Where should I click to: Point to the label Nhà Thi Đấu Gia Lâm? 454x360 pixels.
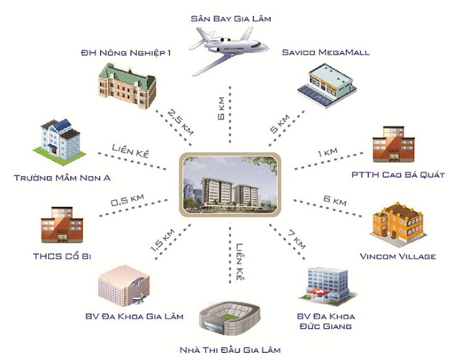[228, 349]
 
